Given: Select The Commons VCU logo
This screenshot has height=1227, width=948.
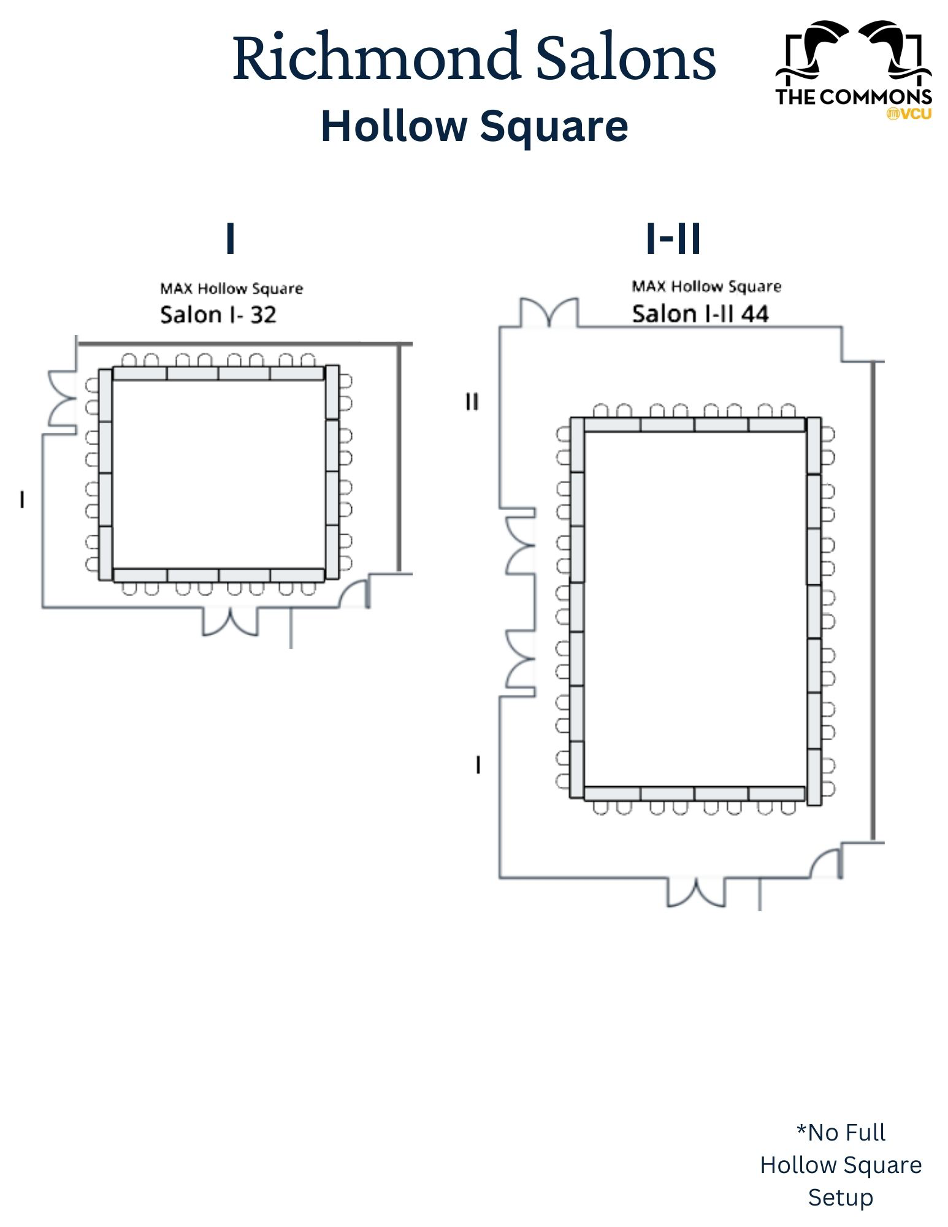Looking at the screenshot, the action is click(854, 70).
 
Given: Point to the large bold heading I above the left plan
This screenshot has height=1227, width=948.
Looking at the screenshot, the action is click(231, 238).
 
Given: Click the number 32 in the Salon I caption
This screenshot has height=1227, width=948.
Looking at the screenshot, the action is click(263, 315).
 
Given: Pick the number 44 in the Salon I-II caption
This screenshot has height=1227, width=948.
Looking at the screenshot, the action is click(755, 314).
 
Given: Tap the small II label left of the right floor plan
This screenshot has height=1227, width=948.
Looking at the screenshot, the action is click(472, 402).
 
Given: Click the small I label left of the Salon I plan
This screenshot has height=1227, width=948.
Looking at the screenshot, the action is click(22, 500).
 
